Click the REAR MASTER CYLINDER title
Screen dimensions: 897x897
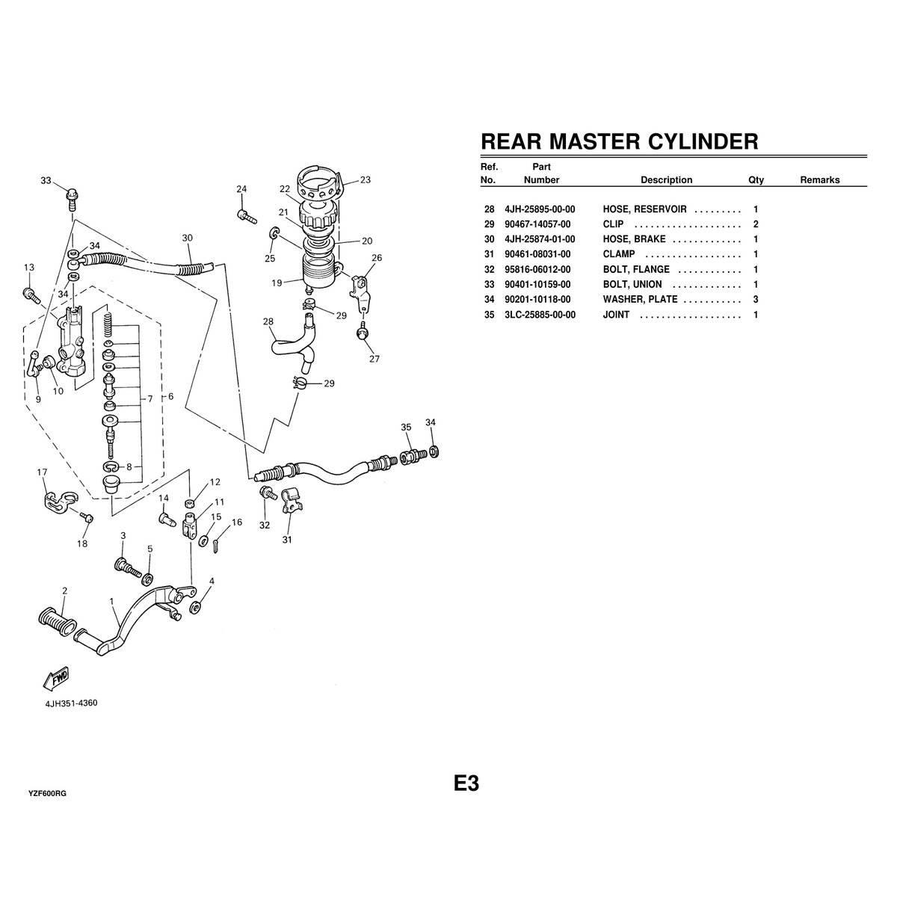click(x=619, y=141)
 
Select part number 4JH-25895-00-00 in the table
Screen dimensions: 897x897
click(x=540, y=209)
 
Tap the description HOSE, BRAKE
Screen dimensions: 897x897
click(x=634, y=239)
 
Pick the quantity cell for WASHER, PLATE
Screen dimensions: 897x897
click(x=756, y=299)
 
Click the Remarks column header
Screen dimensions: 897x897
click(x=819, y=180)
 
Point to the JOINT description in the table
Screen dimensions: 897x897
click(x=616, y=315)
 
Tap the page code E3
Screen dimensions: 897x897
click(x=466, y=783)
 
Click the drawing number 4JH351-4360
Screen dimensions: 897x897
click(x=72, y=703)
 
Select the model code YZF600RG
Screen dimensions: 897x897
click(x=48, y=793)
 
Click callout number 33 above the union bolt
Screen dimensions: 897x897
click(x=46, y=181)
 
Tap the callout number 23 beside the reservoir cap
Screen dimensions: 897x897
click(x=365, y=179)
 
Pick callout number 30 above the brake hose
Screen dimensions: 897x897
click(x=187, y=238)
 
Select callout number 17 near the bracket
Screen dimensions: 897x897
click(x=43, y=472)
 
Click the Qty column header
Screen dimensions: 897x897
click(x=756, y=180)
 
